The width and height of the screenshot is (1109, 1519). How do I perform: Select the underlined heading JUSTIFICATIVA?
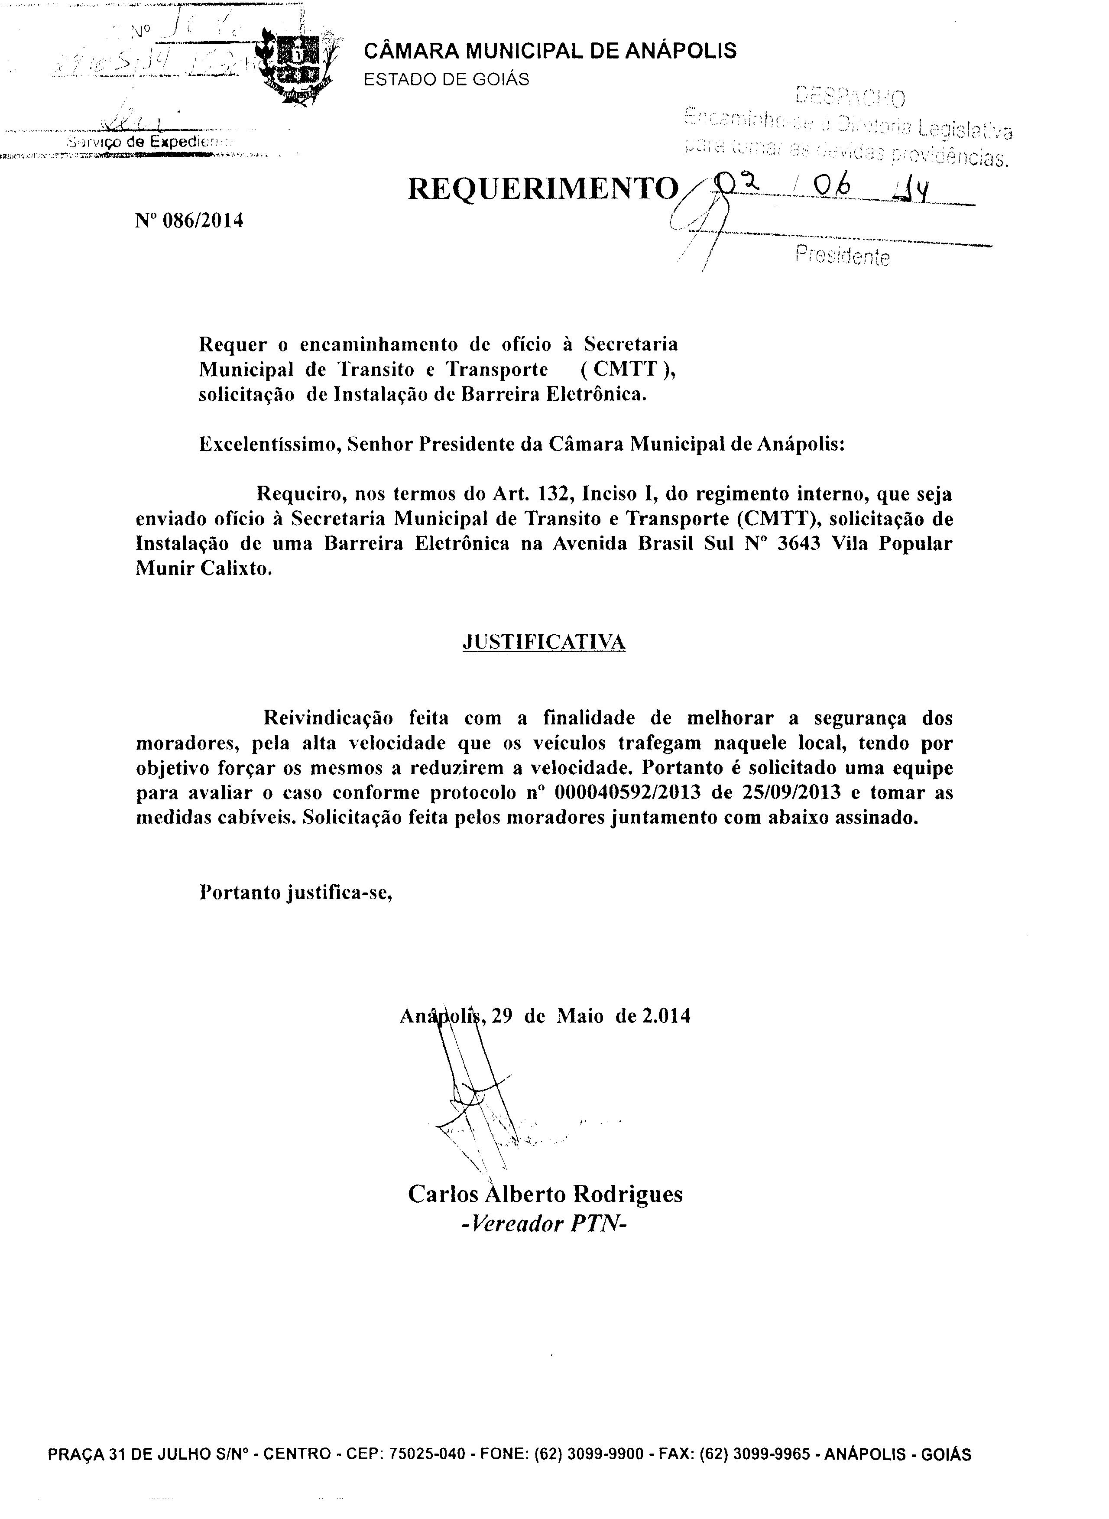click(x=544, y=643)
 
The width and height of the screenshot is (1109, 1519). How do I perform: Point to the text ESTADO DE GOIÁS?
click(x=446, y=79)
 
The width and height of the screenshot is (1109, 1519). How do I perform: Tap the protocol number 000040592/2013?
click(x=628, y=793)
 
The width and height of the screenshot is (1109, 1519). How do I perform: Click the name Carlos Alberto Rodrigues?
click(x=545, y=1194)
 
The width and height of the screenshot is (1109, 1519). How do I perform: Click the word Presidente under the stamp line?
click(x=842, y=256)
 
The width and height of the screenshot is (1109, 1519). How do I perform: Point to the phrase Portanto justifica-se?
click(x=295, y=893)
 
